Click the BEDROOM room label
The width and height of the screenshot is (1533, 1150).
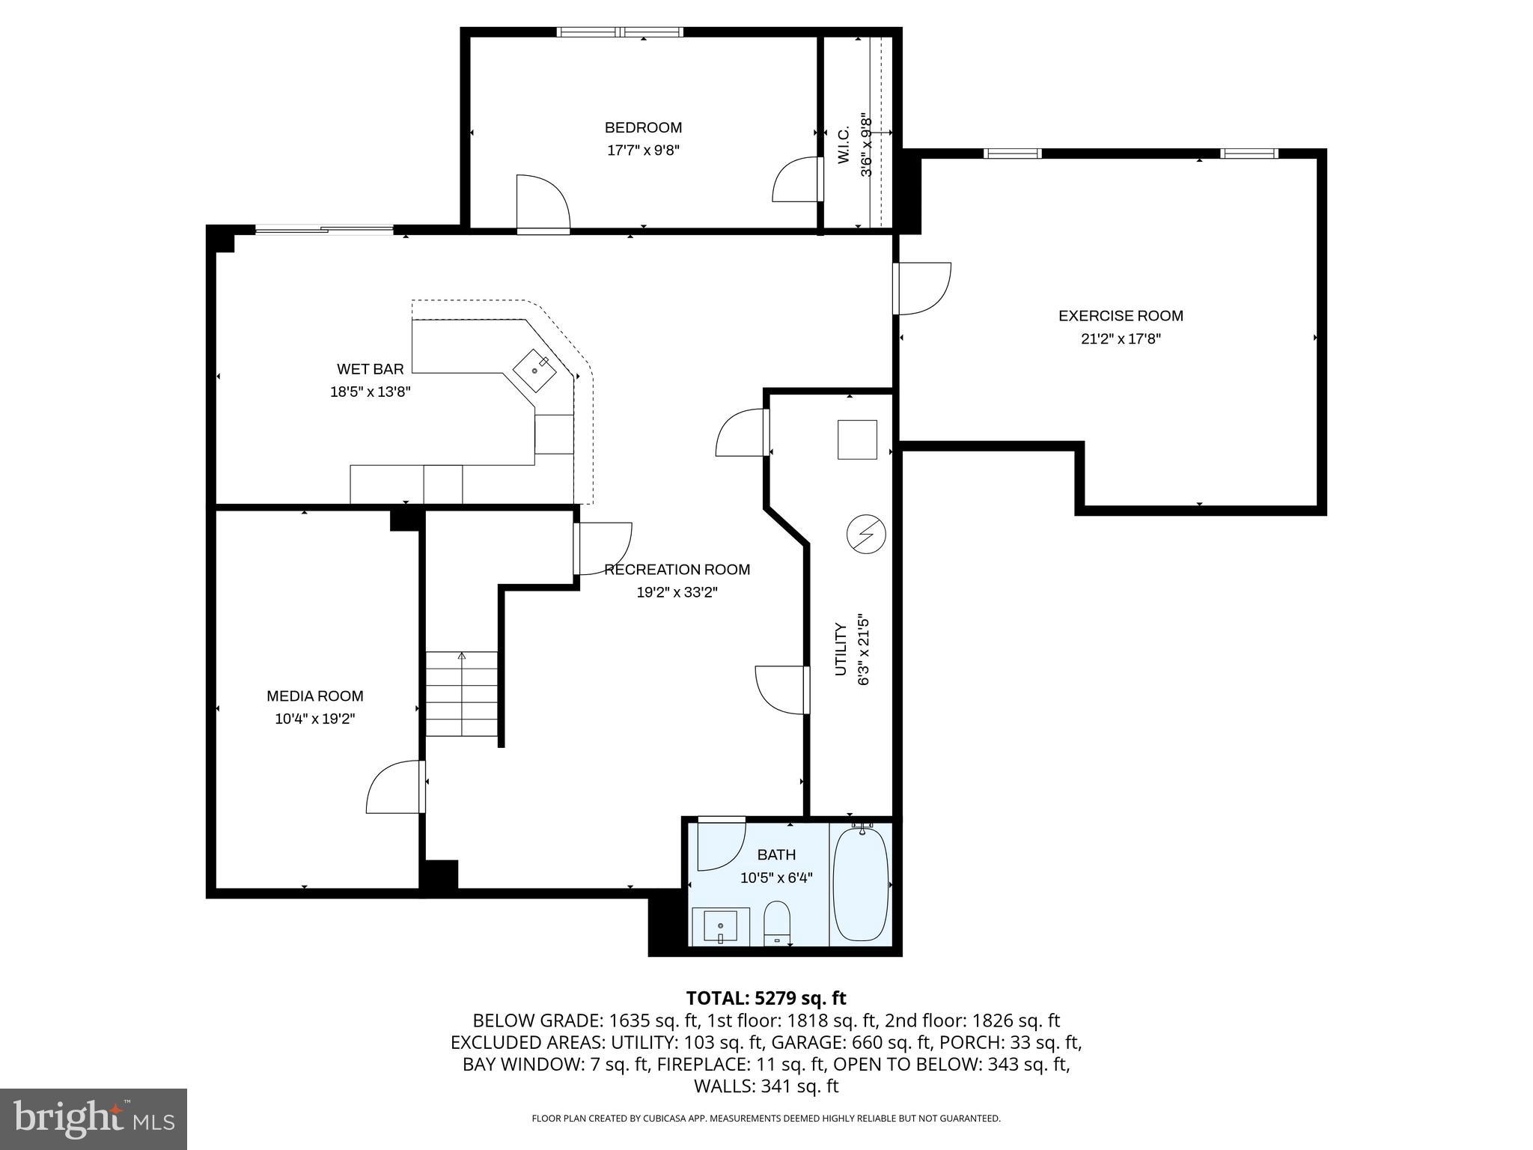point(643,127)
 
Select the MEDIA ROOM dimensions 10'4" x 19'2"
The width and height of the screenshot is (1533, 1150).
point(314,719)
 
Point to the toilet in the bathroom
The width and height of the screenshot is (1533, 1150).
point(777,924)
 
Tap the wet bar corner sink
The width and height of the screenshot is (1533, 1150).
point(535,370)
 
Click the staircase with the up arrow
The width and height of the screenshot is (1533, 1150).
point(462,694)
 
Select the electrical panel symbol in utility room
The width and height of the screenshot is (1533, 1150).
point(866,535)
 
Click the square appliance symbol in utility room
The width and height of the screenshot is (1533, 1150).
point(857,439)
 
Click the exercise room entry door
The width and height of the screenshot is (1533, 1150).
point(922,288)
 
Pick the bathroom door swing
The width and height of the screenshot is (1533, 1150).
point(720,845)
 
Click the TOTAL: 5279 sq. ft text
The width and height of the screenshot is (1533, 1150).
point(766,998)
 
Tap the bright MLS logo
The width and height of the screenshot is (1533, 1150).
point(94,1119)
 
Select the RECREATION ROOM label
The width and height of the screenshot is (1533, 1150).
point(677,570)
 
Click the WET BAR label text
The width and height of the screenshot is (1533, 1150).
point(370,369)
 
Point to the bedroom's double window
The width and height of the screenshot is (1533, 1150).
point(620,32)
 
